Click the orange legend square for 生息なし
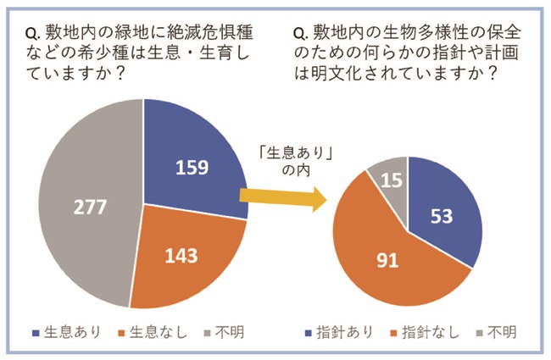tap(123, 331)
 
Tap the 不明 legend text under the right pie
tap(499, 331)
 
